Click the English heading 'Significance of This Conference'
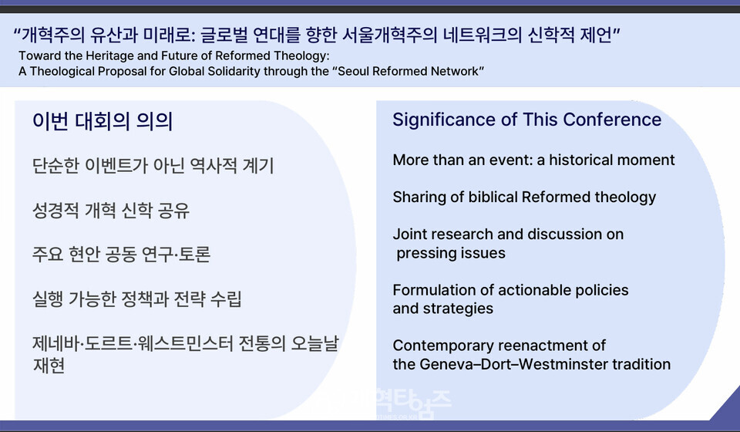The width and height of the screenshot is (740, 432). click(x=526, y=120)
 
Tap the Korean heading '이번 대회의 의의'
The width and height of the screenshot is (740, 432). click(x=103, y=121)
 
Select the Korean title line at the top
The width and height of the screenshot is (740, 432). click(x=317, y=35)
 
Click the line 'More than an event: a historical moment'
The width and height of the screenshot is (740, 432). click(x=533, y=160)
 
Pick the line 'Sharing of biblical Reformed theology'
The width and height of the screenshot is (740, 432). click(x=524, y=197)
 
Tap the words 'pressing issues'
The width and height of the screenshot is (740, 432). click(x=451, y=253)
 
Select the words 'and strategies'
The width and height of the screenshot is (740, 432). click(x=442, y=309)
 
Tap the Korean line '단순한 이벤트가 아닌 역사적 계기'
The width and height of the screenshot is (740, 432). click(x=153, y=166)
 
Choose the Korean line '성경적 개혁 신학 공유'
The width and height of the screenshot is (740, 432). click(x=111, y=211)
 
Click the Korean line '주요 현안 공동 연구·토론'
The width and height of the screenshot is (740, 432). click(x=121, y=255)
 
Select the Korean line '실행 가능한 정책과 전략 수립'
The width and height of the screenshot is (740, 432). click(x=137, y=299)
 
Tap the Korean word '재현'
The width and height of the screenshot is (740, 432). click(x=48, y=366)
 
